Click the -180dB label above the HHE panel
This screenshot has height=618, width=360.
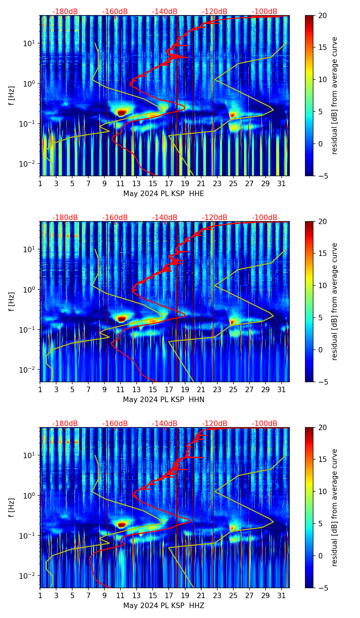click(65, 12)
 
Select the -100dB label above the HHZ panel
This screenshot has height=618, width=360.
click(265, 424)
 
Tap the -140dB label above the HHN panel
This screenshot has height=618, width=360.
click(165, 218)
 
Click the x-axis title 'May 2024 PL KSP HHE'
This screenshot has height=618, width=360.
click(164, 194)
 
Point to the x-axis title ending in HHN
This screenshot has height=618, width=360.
click(164, 400)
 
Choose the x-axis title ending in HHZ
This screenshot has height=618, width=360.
click(164, 606)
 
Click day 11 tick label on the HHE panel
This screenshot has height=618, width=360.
click(120, 184)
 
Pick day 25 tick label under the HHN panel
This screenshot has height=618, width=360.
click(233, 390)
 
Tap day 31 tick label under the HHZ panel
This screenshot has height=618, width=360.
click(281, 596)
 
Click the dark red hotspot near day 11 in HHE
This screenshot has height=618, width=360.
click(122, 112)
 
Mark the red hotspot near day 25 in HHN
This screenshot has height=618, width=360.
click(233, 322)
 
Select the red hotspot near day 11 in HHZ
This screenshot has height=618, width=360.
click(121, 524)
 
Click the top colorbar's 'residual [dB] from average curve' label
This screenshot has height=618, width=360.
click(335, 95)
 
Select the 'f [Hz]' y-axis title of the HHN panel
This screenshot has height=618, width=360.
click(12, 301)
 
